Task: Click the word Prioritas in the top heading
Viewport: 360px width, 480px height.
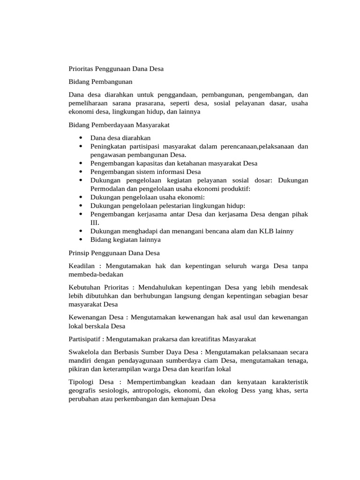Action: pos(81,69)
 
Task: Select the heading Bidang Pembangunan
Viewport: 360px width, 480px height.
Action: pos(97,82)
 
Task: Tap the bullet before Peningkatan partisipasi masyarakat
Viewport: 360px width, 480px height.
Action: pos(81,146)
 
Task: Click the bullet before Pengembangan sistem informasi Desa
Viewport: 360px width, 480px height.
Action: pos(81,172)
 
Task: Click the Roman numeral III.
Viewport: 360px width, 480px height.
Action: pos(95,223)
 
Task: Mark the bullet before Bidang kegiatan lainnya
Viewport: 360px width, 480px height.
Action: pos(81,240)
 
